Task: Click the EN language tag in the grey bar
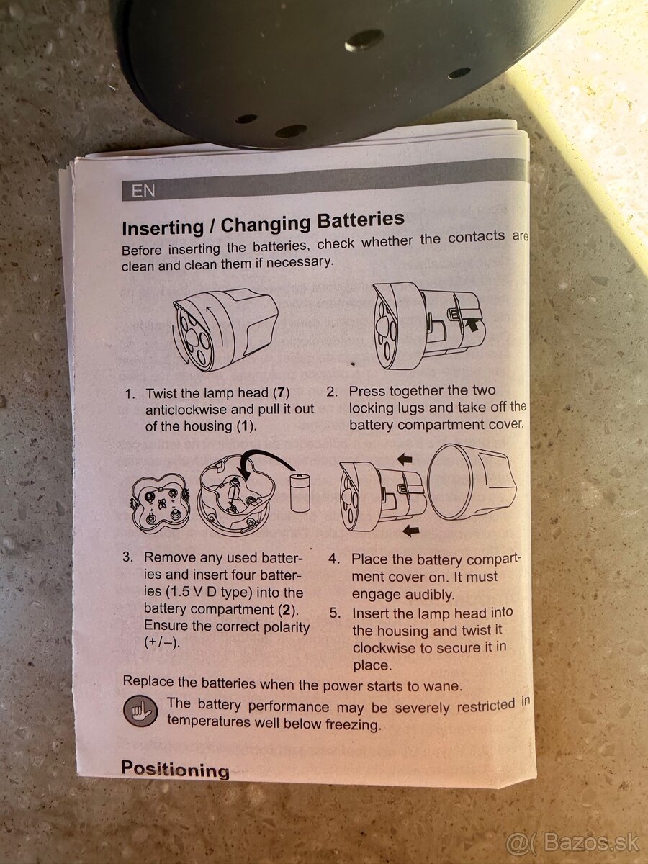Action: pyautogui.click(x=143, y=191)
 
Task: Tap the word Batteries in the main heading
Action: pyautogui.click(x=361, y=220)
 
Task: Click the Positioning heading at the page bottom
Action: pyautogui.click(x=175, y=769)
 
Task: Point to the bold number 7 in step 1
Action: pyautogui.click(x=281, y=393)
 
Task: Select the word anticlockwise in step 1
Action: pyautogui.click(x=187, y=410)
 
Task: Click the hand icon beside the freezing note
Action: pyautogui.click(x=140, y=711)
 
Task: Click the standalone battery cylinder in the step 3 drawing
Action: pyautogui.click(x=300, y=492)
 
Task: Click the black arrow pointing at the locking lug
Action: pyautogui.click(x=472, y=325)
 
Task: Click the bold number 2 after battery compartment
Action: pyautogui.click(x=287, y=609)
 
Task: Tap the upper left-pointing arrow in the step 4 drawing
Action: pyautogui.click(x=404, y=459)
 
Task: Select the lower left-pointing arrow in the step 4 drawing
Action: pyautogui.click(x=410, y=531)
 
